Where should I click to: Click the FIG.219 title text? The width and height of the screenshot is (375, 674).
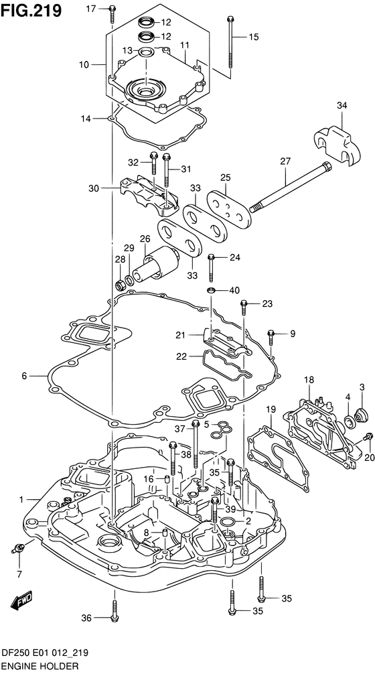[x=31, y=10]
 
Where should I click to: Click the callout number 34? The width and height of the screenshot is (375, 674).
[x=342, y=105]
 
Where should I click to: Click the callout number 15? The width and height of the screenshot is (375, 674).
[x=253, y=37]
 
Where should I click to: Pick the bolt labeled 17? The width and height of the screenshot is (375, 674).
[x=112, y=13]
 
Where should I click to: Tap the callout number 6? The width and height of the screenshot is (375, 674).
[x=25, y=377]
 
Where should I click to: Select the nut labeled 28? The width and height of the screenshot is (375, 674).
[x=121, y=284]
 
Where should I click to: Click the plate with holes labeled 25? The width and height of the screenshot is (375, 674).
[x=228, y=207]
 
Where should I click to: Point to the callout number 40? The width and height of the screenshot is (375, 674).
[x=234, y=290]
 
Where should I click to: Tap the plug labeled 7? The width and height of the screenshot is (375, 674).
[x=19, y=547]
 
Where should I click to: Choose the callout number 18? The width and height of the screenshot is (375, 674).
[x=309, y=380]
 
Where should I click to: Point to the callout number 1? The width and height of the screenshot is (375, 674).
[x=21, y=499]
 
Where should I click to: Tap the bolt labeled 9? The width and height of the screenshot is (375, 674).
[x=271, y=337]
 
